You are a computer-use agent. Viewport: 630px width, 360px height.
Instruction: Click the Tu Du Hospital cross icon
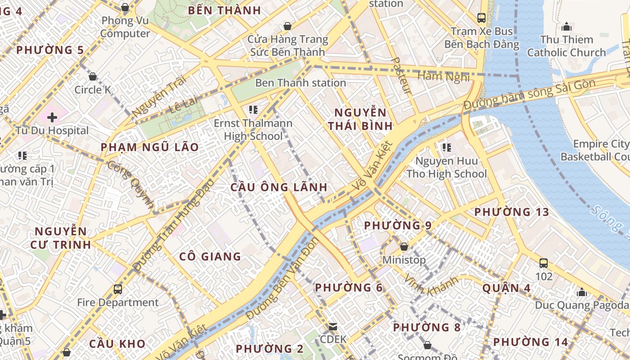52,117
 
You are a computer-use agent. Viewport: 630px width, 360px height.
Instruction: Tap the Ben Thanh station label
300,83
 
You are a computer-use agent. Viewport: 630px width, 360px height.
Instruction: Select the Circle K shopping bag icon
93,76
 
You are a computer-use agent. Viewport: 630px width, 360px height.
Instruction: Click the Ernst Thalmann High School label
253,130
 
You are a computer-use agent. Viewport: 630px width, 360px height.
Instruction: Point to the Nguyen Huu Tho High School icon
446,147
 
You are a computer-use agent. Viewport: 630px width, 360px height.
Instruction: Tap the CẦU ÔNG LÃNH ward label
279,187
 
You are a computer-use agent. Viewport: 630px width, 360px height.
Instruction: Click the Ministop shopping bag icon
404,247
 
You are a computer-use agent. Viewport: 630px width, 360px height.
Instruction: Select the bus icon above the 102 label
544,263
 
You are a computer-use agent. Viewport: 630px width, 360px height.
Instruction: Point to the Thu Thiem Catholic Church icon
567,27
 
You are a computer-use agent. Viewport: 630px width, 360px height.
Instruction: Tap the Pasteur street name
402,75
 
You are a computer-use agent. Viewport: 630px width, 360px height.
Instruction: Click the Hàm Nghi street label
443,76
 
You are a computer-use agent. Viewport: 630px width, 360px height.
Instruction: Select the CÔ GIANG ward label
210,256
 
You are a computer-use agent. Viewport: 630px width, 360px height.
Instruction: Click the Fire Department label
118,302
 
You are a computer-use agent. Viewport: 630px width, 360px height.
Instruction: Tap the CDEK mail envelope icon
333,326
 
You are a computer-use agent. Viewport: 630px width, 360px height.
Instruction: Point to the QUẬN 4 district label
506,288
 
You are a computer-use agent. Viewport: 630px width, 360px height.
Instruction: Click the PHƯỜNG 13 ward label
512,212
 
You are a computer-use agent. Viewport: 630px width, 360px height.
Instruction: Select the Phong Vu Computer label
125,27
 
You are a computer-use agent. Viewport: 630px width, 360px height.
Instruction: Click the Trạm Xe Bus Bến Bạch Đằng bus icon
481,18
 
